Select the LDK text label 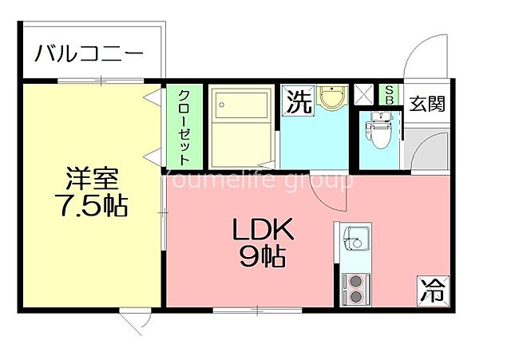click(264, 231)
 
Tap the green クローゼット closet click(183, 125)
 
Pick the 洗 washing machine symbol click(299, 101)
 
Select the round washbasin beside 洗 click(329, 99)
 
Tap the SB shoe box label click(390, 95)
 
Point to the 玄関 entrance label click(427, 104)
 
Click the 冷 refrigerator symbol click(432, 288)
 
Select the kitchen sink click(355, 238)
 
